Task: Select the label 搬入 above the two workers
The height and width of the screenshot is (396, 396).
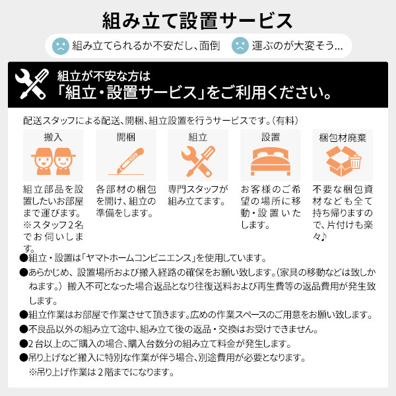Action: [53, 137]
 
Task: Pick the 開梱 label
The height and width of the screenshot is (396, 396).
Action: [125, 137]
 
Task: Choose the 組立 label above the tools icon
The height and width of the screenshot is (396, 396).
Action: [198, 137]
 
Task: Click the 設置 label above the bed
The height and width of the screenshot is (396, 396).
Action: [271, 137]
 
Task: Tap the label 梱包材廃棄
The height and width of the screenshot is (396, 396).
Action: [343, 137]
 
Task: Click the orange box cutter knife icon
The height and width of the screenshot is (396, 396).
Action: [125, 162]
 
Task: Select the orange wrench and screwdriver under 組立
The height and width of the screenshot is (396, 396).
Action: [198, 162]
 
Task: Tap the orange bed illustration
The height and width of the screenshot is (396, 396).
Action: [271, 162]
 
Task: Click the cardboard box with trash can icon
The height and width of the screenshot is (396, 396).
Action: [343, 162]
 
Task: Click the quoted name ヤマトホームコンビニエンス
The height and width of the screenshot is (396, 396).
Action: [149, 257]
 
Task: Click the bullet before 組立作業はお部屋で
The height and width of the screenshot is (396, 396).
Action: [23, 313]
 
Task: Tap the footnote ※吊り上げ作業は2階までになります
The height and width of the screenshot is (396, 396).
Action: [101, 372]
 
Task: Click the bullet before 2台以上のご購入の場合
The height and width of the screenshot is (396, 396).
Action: [23, 343]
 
